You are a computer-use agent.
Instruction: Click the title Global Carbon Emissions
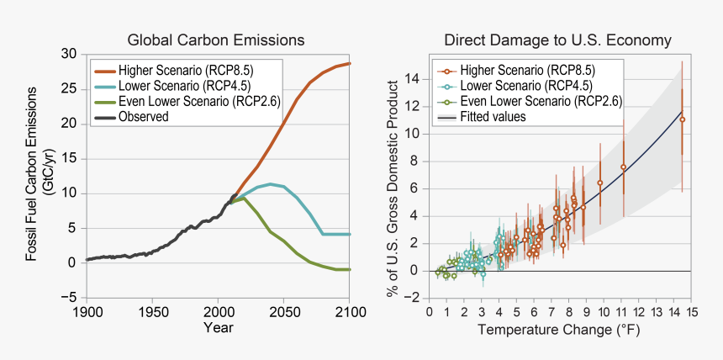click(215, 40)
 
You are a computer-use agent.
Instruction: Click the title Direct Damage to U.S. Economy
click(557, 40)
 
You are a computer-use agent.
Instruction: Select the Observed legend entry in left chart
click(144, 117)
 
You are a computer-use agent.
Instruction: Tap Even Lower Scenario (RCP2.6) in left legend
click(199, 102)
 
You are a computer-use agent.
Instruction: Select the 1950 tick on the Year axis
click(152, 312)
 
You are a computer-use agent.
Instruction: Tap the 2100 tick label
click(349, 312)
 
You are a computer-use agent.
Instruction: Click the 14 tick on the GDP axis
click(412, 79)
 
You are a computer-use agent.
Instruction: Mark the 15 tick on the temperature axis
click(691, 312)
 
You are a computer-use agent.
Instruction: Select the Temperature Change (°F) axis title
click(559, 330)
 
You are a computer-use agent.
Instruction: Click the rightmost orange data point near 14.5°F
click(682, 119)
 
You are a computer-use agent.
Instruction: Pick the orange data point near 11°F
click(623, 167)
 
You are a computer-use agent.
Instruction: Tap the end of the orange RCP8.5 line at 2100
click(349, 64)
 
